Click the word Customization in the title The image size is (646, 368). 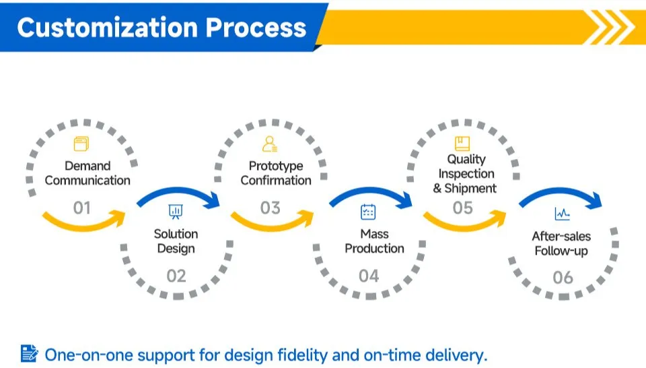pos(108,28)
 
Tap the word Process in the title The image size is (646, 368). pos(256,28)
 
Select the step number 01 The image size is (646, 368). pos(81,208)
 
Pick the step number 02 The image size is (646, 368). pos(176,276)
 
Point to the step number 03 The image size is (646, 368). pos(271,208)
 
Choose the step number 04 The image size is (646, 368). pos(369,276)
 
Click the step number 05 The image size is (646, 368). pos(463,208)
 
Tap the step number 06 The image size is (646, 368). pos(563,278)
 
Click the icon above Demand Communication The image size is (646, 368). pos(81,144)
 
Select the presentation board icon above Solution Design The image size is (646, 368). pos(176,212)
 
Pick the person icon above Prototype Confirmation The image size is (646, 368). pos(270,144)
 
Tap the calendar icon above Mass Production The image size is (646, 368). pos(368,212)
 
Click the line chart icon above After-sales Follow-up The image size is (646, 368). pos(563,214)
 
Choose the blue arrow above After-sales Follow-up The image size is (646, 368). pos(561,191)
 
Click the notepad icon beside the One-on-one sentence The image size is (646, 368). pos(29,354)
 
